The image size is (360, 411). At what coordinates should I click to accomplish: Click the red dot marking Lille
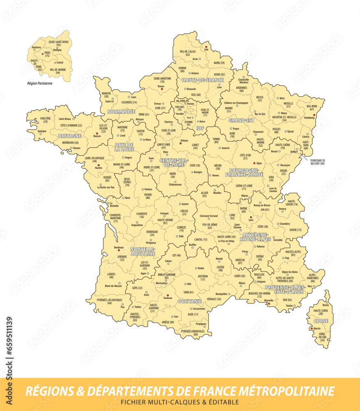pos(206,47)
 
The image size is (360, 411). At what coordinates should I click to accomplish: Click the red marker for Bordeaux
pos(119,250)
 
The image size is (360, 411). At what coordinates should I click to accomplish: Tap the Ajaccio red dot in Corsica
pos(311,328)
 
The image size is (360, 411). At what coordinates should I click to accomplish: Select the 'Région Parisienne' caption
pos(40,83)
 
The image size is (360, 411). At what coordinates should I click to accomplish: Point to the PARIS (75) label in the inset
pos(48,54)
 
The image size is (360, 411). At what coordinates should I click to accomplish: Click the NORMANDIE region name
pos(121,111)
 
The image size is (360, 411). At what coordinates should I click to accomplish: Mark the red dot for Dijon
pos(254,162)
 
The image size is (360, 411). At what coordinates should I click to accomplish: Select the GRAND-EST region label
pos(241,120)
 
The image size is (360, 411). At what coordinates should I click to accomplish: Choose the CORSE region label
pos(321,321)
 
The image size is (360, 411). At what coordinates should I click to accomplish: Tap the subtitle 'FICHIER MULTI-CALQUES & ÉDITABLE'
pos(179,402)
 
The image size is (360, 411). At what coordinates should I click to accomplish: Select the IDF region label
pos(200,128)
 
